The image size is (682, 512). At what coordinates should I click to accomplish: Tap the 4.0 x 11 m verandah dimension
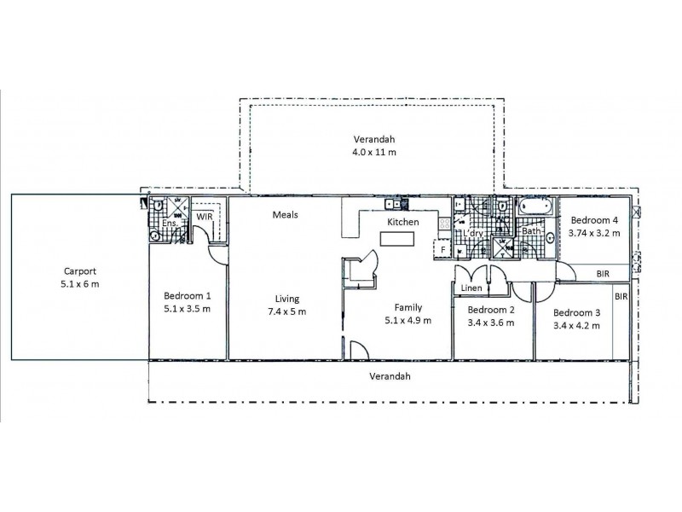click(376, 152)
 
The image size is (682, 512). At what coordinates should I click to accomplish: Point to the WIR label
click(204, 218)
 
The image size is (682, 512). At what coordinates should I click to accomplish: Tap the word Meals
click(285, 215)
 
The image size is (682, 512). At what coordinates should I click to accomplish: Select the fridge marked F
click(442, 249)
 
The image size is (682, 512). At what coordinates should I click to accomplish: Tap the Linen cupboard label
click(471, 288)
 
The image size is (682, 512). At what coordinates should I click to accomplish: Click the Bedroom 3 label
click(576, 312)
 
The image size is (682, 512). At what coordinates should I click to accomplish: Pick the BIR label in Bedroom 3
click(621, 297)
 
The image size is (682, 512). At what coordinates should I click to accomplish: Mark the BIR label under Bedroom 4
click(603, 273)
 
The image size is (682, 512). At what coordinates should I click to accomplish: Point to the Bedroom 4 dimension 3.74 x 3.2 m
click(594, 232)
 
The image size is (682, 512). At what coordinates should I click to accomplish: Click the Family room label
click(409, 307)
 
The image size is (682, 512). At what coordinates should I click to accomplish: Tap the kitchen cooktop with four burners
click(444, 224)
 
